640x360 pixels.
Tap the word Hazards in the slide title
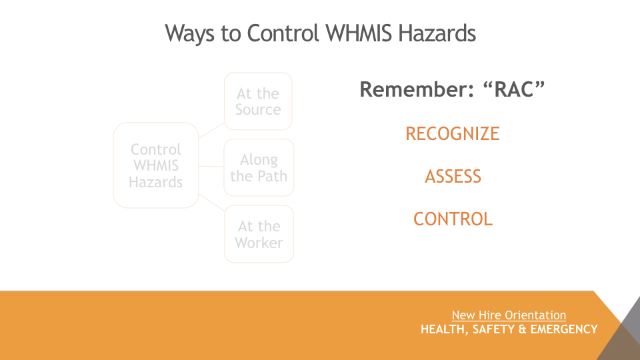point(437,33)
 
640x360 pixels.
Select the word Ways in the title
point(189,34)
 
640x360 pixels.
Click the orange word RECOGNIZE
point(452,134)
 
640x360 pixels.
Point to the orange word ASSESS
point(453,177)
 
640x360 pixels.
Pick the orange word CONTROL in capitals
point(453,219)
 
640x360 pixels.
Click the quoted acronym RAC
point(513,89)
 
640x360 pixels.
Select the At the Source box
point(258,101)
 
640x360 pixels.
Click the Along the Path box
point(259,167)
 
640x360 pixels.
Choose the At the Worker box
point(259,234)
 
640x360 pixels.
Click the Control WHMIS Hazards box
point(156,165)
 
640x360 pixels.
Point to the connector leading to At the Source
point(211,131)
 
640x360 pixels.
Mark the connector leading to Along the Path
point(211,166)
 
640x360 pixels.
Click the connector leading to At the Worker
point(211,202)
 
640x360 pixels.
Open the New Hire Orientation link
point(509,315)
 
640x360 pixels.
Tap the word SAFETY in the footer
point(493,329)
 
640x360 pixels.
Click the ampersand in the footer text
point(523,329)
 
